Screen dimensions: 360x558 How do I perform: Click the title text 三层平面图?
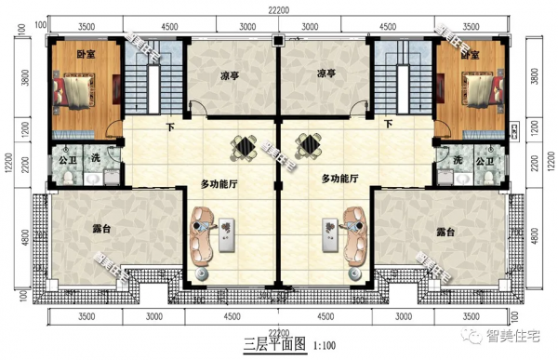275,346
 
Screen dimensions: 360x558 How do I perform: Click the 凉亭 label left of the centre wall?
232,74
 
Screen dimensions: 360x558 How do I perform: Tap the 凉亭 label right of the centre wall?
325,74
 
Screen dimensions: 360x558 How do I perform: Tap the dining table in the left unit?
244,146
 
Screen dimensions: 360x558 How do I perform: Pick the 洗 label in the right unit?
458,160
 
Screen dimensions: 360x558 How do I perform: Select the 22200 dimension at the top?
278,8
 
